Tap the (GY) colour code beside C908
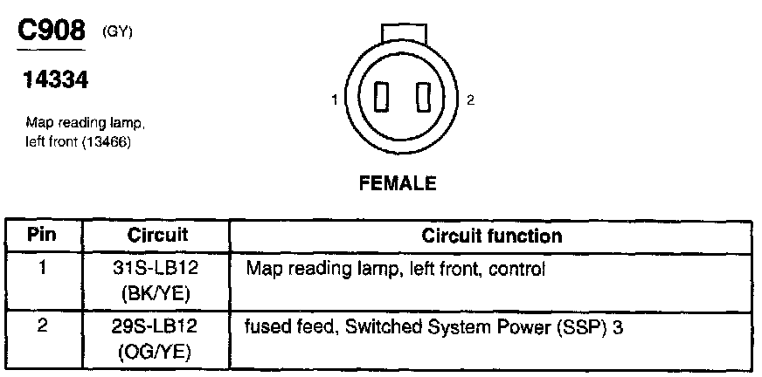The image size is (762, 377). (117, 32)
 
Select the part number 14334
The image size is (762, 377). (54, 81)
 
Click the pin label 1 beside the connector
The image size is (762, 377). (335, 101)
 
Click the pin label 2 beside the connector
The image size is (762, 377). (470, 101)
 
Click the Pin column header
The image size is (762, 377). (42, 236)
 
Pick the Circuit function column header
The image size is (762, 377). (492, 236)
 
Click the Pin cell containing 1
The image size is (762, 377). (42, 268)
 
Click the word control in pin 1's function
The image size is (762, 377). (522, 270)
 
